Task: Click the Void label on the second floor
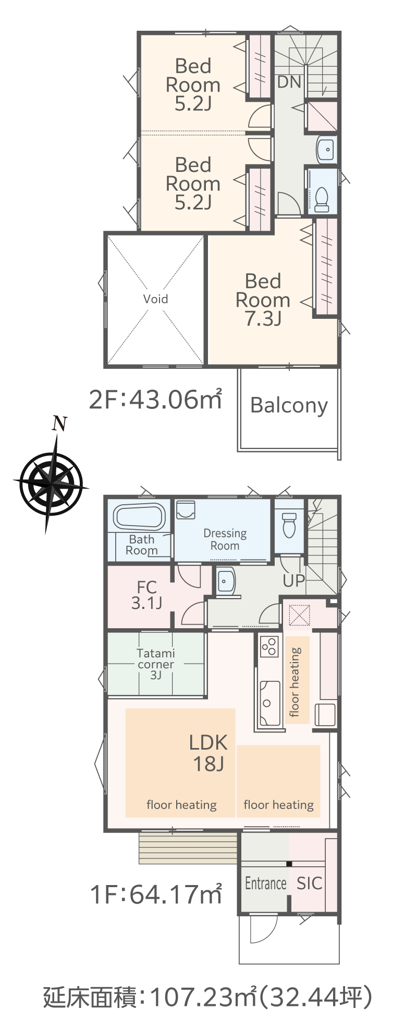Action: pyautogui.click(x=155, y=299)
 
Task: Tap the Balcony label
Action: pyautogui.click(x=289, y=406)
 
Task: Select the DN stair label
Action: pyautogui.click(x=289, y=82)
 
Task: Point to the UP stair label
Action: pyautogui.click(x=293, y=580)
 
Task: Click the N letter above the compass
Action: pyautogui.click(x=60, y=424)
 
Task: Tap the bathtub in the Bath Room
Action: pyautogui.click(x=140, y=517)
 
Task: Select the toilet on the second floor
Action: pyautogui.click(x=322, y=200)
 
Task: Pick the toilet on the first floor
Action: pyautogui.click(x=289, y=525)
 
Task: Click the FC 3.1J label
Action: pyautogui.click(x=146, y=595)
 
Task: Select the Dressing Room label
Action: pyautogui.click(x=225, y=539)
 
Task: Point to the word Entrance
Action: pyautogui.click(x=266, y=883)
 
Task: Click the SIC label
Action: pyautogui.click(x=310, y=883)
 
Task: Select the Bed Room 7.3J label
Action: pyautogui.click(x=263, y=300)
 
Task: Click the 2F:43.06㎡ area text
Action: pyautogui.click(x=155, y=400)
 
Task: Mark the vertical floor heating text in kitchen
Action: pyautogui.click(x=295, y=682)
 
